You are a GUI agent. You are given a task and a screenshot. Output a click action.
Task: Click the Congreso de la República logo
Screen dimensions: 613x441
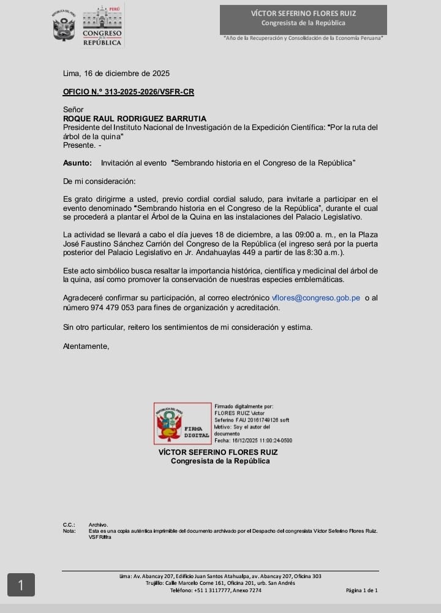coord(102,26)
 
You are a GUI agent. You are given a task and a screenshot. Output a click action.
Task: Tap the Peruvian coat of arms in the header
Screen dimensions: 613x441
coord(64,26)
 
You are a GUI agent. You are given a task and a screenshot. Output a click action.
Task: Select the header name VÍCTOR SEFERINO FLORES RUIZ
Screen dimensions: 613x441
coord(303,13)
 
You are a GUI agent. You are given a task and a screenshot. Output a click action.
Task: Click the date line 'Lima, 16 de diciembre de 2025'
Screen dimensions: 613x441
coord(116,74)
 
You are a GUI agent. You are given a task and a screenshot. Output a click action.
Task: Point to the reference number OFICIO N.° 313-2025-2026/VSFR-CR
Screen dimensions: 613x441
coord(128,92)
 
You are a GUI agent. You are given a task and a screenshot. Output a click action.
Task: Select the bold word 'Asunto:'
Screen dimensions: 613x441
coord(77,163)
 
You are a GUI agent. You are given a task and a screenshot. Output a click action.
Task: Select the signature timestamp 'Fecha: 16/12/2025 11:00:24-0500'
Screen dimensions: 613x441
coord(253,440)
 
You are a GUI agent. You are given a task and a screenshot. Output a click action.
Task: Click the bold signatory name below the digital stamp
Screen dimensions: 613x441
coord(217,452)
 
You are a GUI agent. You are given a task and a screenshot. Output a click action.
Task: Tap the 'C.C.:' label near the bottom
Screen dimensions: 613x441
coord(69,525)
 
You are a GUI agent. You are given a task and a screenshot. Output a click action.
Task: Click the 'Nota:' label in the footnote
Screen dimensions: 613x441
coord(69,531)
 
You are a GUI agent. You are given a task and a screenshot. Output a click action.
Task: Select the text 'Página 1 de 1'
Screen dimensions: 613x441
coord(361,590)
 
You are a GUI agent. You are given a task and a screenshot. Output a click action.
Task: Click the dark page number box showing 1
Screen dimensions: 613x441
coord(21,585)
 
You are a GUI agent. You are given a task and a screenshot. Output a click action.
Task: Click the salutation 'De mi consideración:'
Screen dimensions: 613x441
coord(99,181)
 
